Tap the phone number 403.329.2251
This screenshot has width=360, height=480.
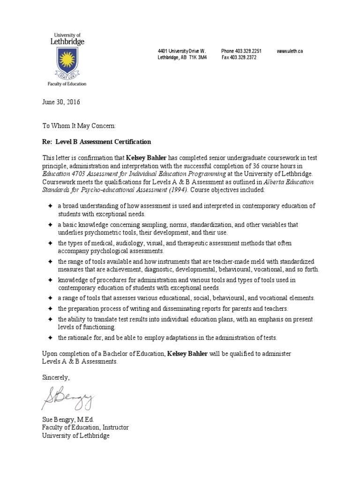(248, 51)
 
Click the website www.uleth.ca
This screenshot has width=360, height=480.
(290, 51)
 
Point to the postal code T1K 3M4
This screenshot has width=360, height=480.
(198, 57)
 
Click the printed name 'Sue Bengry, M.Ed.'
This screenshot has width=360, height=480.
(68, 420)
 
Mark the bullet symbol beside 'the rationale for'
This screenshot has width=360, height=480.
(50, 337)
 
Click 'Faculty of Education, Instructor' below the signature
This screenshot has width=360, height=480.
(85, 427)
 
